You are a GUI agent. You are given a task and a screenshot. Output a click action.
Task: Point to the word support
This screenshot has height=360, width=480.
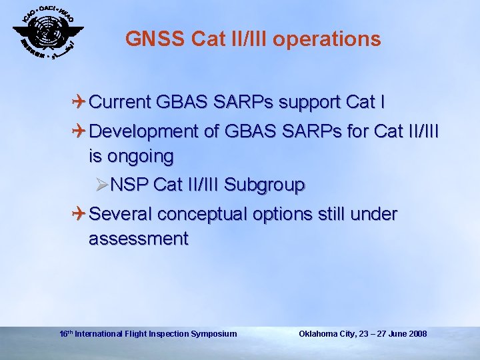[x=311, y=102]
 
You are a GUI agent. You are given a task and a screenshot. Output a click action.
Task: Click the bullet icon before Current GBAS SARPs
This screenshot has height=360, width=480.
[x=79, y=102]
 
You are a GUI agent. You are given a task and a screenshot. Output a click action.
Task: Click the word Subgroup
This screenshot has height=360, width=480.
[x=265, y=185]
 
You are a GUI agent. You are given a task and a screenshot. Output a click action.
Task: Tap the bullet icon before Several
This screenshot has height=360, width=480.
[x=79, y=214]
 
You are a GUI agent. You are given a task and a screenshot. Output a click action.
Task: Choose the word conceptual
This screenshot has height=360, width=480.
[x=212, y=214]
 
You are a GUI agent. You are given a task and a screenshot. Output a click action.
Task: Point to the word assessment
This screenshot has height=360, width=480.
[x=139, y=238]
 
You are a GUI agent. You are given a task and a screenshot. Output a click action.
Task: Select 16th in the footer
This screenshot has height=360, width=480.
[x=66, y=333]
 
